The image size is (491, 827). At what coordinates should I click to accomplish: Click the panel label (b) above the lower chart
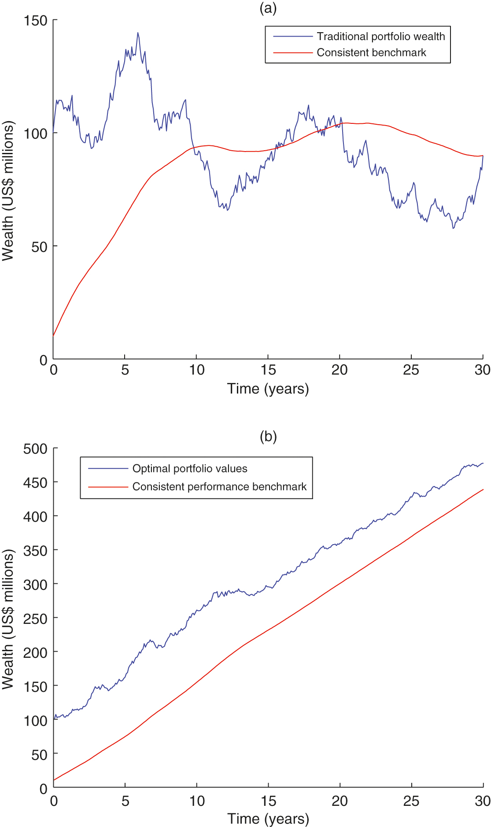click(x=268, y=436)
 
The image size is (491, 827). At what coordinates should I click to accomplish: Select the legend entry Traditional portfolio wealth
click(x=380, y=36)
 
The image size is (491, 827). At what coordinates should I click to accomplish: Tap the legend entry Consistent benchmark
click(x=371, y=52)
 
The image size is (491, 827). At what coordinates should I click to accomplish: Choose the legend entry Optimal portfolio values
click(x=189, y=468)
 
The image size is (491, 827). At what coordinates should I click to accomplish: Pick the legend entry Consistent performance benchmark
click(x=219, y=486)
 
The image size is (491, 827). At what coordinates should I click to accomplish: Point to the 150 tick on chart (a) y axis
click(x=36, y=20)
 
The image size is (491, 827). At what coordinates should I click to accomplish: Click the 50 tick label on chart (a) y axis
click(x=39, y=247)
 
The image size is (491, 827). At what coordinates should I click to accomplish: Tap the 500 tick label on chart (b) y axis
click(x=35, y=449)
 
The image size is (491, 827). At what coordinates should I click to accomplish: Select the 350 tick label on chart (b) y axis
click(x=35, y=550)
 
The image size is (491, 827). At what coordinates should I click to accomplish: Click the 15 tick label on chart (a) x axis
click(x=268, y=370)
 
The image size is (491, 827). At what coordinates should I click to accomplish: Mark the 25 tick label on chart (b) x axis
click(x=411, y=801)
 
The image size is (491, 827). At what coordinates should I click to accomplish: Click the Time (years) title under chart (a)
click(x=268, y=389)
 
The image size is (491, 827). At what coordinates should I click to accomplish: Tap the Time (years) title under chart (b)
click(x=268, y=819)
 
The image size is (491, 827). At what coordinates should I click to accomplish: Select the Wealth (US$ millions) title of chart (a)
click(x=8, y=190)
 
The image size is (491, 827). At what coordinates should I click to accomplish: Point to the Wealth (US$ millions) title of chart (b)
click(x=8, y=619)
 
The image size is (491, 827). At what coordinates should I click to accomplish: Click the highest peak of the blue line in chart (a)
click(x=137, y=33)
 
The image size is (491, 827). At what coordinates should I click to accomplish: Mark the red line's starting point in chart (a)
click(x=53, y=336)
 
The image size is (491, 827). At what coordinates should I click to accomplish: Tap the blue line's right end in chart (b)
click(x=483, y=463)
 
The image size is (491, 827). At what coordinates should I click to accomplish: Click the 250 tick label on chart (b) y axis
click(x=35, y=618)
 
